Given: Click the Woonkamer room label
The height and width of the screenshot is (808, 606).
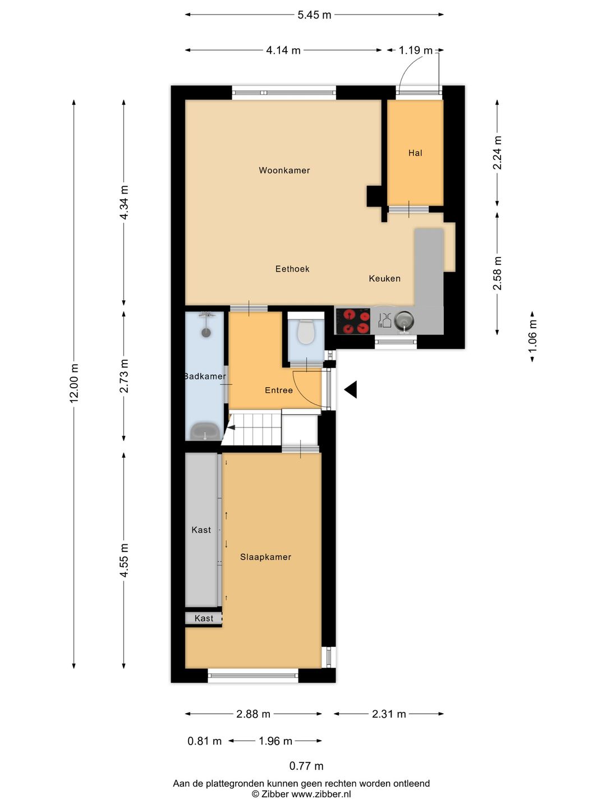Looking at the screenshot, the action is (x=284, y=170).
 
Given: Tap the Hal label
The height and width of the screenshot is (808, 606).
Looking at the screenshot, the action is (x=415, y=153).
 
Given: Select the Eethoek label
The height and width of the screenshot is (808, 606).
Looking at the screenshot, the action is (x=292, y=269).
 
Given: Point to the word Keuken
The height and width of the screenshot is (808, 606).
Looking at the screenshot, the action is (x=384, y=278).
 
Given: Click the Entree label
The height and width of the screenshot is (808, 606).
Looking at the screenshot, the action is (x=278, y=390).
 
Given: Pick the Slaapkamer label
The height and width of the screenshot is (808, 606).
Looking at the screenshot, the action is (x=265, y=557).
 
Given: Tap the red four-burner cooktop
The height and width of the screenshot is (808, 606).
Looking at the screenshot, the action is (x=352, y=322).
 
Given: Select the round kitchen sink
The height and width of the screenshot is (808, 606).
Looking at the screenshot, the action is (x=403, y=320).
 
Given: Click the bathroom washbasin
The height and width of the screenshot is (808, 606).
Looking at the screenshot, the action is (x=205, y=431).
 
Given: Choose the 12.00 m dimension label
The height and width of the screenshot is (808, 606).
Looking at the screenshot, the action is (x=74, y=383).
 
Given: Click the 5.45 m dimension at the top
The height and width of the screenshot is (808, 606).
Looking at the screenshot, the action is (x=314, y=15).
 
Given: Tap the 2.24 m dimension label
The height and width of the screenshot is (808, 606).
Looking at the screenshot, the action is (x=497, y=153).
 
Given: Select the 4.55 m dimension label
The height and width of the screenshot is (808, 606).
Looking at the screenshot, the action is (x=124, y=560).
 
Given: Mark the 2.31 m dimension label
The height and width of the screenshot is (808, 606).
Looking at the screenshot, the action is (x=389, y=714).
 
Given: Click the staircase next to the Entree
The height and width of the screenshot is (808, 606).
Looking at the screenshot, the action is (x=254, y=429).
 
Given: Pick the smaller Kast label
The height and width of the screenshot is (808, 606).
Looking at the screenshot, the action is (x=204, y=618).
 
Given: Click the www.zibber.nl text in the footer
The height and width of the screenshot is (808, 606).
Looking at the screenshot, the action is (x=321, y=794).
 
